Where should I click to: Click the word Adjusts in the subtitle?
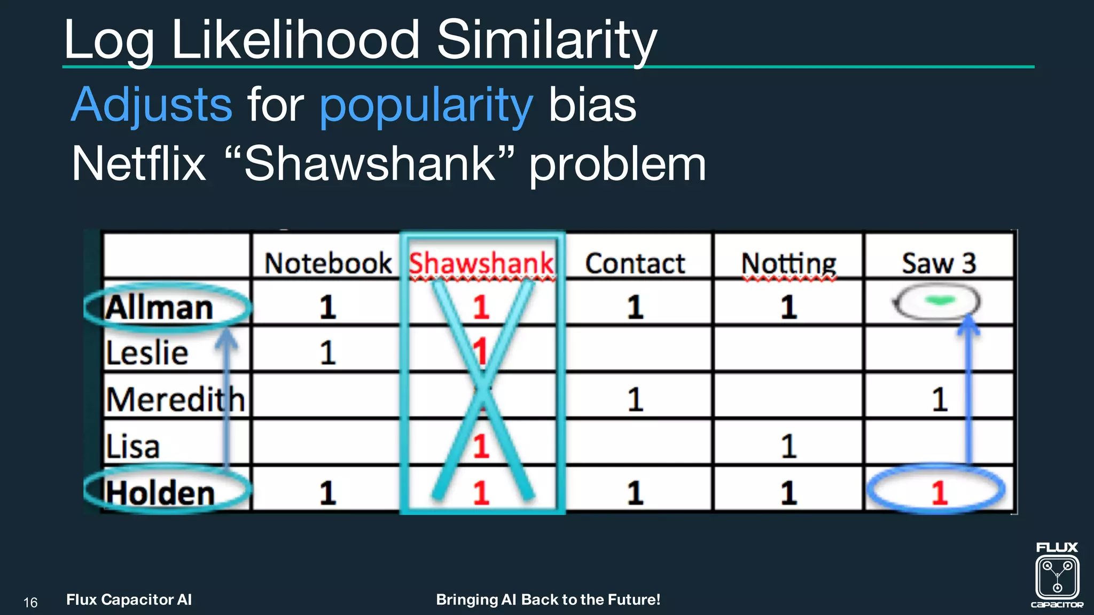(152, 105)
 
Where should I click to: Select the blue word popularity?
(426, 106)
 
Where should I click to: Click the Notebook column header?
(328, 263)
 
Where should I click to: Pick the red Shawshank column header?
(481, 263)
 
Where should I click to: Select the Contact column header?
(635, 263)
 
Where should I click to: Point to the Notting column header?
(788, 264)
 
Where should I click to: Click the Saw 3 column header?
(939, 263)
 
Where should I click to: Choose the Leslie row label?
(147, 353)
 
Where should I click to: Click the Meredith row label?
(175, 400)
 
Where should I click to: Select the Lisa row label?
(132, 446)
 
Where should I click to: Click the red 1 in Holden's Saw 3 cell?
(939, 492)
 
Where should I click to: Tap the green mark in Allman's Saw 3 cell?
(939, 302)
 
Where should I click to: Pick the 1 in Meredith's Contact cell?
(635, 400)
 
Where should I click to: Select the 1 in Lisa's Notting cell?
(788, 446)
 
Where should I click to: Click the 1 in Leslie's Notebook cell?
(327, 353)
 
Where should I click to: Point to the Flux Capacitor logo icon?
(1057, 576)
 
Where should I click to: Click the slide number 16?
(30, 603)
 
